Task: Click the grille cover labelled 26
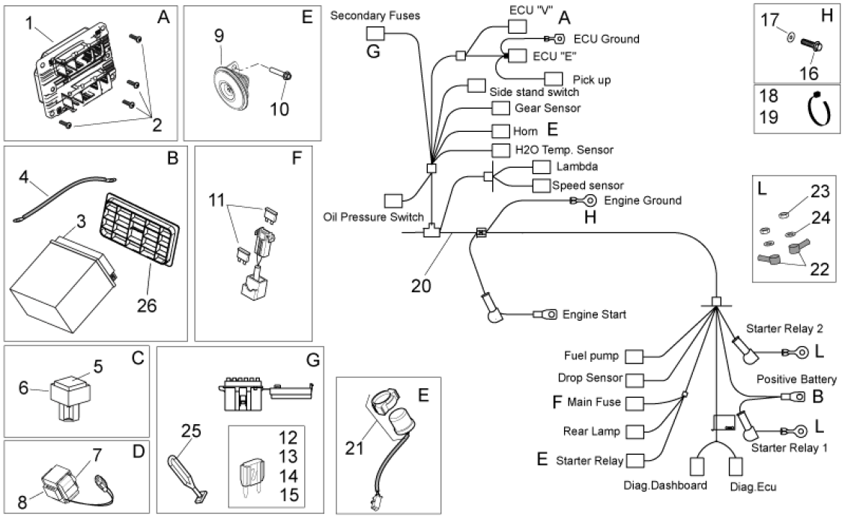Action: (x=139, y=230)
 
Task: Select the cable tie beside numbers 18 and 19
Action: (x=818, y=109)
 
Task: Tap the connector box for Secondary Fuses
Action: (x=375, y=34)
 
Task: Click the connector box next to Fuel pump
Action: (x=634, y=357)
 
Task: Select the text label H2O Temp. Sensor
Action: (x=564, y=150)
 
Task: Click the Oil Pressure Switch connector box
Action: (x=393, y=201)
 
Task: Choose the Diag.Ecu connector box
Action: (x=736, y=467)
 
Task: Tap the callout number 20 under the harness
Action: (x=421, y=285)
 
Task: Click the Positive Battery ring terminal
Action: (x=793, y=397)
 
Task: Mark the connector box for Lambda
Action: (x=542, y=167)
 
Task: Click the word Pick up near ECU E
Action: (x=591, y=80)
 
